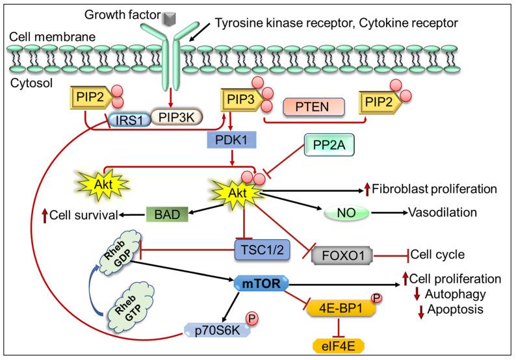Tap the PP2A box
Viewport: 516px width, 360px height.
click(x=330, y=146)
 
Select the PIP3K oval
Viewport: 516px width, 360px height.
click(x=175, y=118)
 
